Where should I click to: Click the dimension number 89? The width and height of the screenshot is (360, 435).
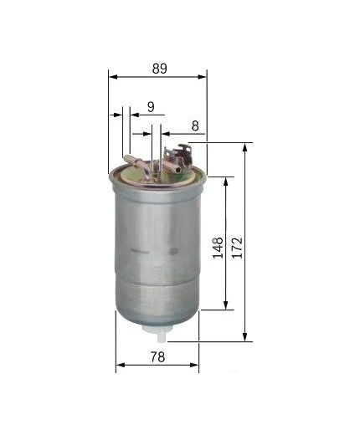pos(160,69)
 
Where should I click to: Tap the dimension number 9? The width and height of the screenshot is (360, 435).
pos(151,107)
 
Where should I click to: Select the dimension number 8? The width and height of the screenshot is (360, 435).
pos(195,125)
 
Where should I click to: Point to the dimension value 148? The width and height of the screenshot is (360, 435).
pos(218,248)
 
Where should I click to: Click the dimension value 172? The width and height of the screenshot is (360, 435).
pos(238,248)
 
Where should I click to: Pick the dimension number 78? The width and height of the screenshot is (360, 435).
pos(157,357)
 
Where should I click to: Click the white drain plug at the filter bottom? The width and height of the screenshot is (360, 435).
pos(157,333)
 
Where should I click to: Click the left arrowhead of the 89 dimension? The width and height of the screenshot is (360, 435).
pos(113,77)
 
